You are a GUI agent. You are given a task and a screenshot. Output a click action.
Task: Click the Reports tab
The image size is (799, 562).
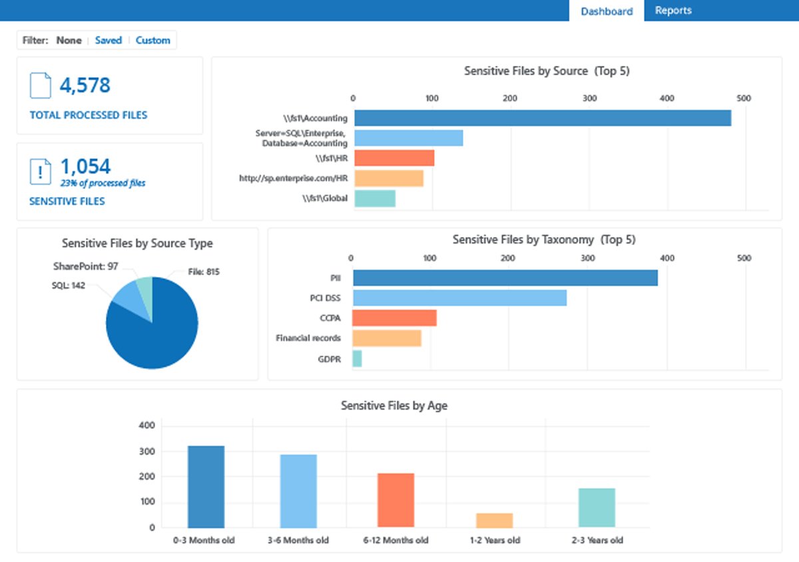672,11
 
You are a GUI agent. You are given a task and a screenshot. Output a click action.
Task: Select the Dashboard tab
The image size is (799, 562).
606,11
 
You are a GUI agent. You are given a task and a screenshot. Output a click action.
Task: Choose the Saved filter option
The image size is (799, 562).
108,41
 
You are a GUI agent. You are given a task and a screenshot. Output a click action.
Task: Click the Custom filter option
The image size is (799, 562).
152,41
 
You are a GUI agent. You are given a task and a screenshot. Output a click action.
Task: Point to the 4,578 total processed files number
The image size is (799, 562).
85,86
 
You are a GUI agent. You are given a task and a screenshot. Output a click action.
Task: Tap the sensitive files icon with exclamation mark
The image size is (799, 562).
41,172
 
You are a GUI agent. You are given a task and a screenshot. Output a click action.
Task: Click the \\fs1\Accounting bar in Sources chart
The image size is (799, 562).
542,119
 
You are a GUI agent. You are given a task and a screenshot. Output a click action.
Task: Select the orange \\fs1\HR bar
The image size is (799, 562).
394,158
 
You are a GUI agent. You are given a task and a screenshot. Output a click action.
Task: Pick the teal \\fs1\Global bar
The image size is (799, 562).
375,198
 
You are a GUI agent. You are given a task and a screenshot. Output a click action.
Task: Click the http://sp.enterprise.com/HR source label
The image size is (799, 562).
293,178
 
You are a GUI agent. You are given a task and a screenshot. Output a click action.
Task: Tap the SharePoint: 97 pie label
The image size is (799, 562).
85,266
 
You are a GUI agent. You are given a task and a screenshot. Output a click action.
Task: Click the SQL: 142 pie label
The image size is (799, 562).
68,286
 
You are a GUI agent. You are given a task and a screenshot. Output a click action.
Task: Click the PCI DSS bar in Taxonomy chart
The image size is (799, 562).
459,298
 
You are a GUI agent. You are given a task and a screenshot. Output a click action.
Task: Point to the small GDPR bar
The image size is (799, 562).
358,359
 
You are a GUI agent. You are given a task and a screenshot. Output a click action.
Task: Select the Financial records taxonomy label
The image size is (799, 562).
308,338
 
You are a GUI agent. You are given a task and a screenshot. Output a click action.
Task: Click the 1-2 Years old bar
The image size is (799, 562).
495,521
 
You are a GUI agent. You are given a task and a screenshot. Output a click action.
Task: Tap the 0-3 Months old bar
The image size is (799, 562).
206,487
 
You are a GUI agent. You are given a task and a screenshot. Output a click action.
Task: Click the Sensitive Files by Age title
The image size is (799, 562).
394,406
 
